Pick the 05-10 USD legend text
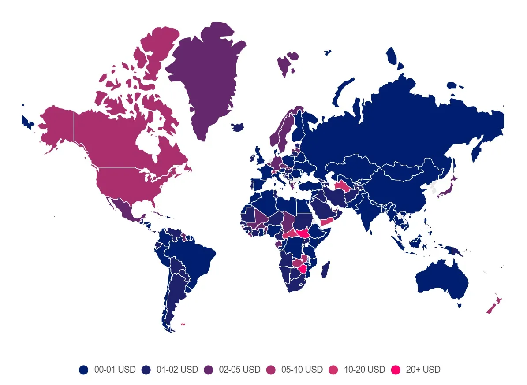[302, 370]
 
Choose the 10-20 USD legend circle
[333, 370]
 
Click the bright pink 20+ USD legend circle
[396, 370]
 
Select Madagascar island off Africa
[325, 269]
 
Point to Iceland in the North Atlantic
[238, 127]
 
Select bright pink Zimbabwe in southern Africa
[303, 268]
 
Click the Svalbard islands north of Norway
[288, 62]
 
